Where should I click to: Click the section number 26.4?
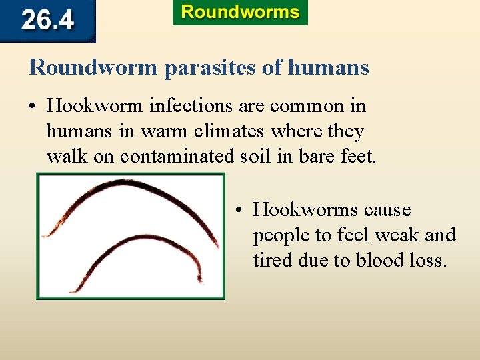(48, 20)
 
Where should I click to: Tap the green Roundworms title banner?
(240, 13)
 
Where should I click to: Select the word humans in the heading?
(329, 67)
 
